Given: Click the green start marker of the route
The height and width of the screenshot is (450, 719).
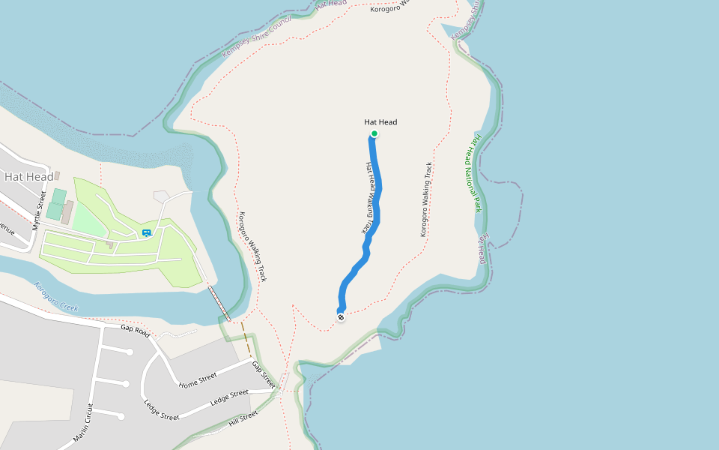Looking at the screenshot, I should tap(374, 134).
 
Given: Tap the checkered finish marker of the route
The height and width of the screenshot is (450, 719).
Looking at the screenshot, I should tap(341, 317).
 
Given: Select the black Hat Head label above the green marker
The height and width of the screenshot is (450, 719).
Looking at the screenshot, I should tap(380, 121).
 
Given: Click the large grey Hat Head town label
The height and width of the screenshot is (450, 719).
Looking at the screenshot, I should tap(28, 177).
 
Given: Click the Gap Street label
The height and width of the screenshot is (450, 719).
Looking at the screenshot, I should tap(263, 374).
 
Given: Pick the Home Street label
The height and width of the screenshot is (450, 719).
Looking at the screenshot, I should tap(198, 380).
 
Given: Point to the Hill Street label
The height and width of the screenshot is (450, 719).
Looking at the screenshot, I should tap(243, 418).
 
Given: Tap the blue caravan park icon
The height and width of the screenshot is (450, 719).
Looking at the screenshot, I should tap(147, 233).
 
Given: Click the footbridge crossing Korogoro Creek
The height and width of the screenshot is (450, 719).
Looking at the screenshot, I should tap(219, 302).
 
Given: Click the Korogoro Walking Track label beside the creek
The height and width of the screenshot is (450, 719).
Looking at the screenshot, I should tap(252, 246).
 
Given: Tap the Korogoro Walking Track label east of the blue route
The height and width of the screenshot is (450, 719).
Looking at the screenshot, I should tap(426, 199).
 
